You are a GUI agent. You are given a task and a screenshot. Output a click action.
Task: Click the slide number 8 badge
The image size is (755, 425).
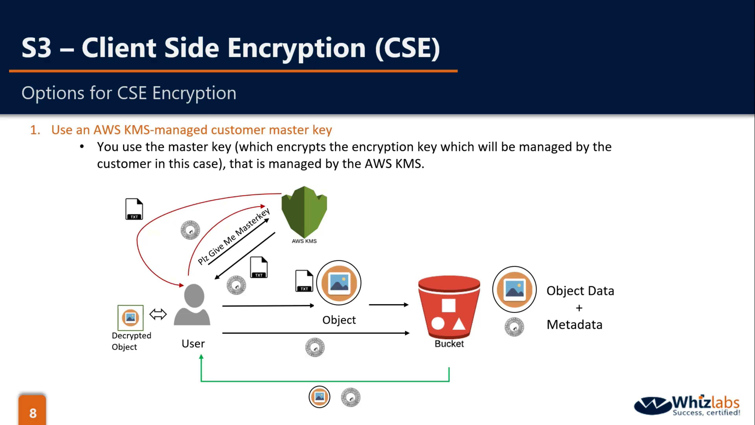32,412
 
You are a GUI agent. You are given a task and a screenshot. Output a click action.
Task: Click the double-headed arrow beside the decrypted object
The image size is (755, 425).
158,314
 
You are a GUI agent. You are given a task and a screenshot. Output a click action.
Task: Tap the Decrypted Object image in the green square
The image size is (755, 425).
130,318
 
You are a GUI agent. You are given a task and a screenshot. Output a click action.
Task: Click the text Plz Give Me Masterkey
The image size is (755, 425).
234,236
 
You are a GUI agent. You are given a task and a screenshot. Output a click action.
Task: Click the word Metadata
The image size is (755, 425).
575,325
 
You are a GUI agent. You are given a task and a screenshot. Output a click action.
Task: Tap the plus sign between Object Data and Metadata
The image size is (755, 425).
579,308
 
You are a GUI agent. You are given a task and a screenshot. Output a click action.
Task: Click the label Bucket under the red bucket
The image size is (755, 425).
449,344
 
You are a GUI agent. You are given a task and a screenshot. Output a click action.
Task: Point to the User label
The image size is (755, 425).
193,344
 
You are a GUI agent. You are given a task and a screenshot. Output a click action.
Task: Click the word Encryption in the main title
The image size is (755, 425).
296,48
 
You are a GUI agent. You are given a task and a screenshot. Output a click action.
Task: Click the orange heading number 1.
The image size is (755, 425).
35,130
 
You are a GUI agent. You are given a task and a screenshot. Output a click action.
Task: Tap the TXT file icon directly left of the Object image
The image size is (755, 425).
304,281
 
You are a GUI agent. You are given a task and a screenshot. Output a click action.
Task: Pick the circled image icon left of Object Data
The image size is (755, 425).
514,289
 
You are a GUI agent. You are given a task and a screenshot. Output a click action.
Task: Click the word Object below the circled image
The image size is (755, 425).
339,320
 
